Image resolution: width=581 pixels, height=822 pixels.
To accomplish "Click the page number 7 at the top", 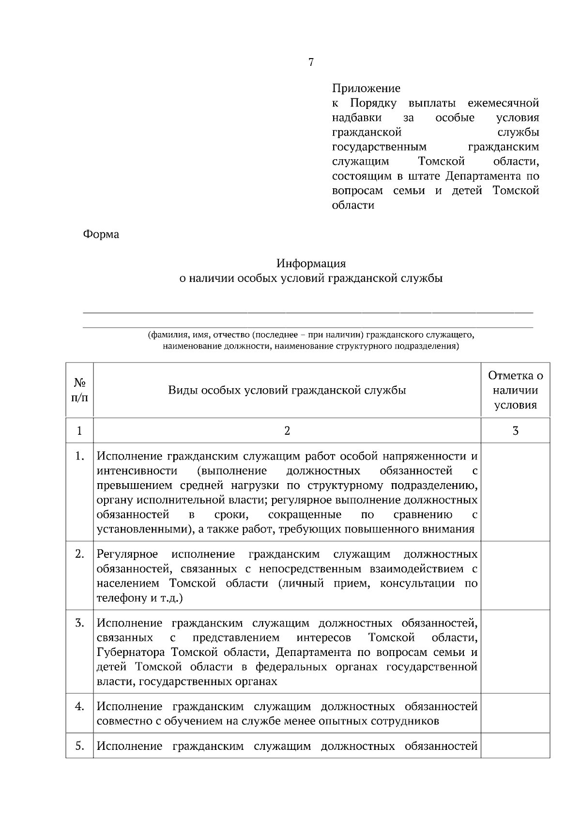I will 311,62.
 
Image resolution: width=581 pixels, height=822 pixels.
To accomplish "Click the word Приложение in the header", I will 366,89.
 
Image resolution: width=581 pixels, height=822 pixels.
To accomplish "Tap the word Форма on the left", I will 101,234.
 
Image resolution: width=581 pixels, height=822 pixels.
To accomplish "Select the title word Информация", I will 311,264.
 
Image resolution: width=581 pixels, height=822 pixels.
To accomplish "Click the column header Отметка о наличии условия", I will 515,390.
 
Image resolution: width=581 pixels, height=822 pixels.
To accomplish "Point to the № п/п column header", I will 79,390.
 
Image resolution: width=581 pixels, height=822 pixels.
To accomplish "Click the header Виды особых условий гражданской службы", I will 287,390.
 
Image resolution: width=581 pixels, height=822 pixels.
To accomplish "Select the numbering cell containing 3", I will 515,430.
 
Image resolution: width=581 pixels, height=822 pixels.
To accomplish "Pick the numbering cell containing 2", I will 287,430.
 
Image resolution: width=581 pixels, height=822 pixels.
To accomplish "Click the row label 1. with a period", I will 80,457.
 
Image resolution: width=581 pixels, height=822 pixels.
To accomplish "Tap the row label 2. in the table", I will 80,554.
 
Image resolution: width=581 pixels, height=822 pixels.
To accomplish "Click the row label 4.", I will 80,706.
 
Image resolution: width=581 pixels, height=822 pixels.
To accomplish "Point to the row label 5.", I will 80,746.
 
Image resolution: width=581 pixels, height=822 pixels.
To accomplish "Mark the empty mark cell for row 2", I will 515,576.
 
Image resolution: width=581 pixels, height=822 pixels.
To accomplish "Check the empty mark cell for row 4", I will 515,713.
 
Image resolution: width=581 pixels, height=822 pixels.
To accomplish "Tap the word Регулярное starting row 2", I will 127,554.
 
